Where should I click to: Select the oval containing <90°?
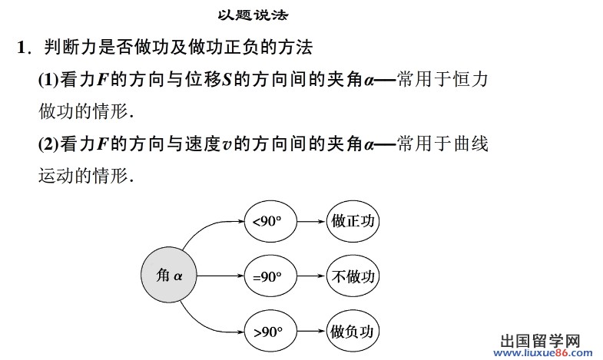pos(268,221)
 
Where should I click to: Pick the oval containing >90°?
pos(268,332)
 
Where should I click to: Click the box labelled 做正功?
pos(353,221)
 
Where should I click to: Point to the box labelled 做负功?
pos(353,332)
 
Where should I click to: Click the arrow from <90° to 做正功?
pos(309,221)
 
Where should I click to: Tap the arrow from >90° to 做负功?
pos(309,332)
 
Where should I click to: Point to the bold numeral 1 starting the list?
pos(22,48)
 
